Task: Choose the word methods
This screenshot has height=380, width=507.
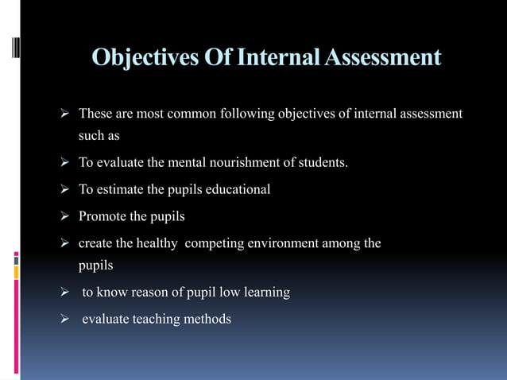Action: (x=207, y=319)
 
